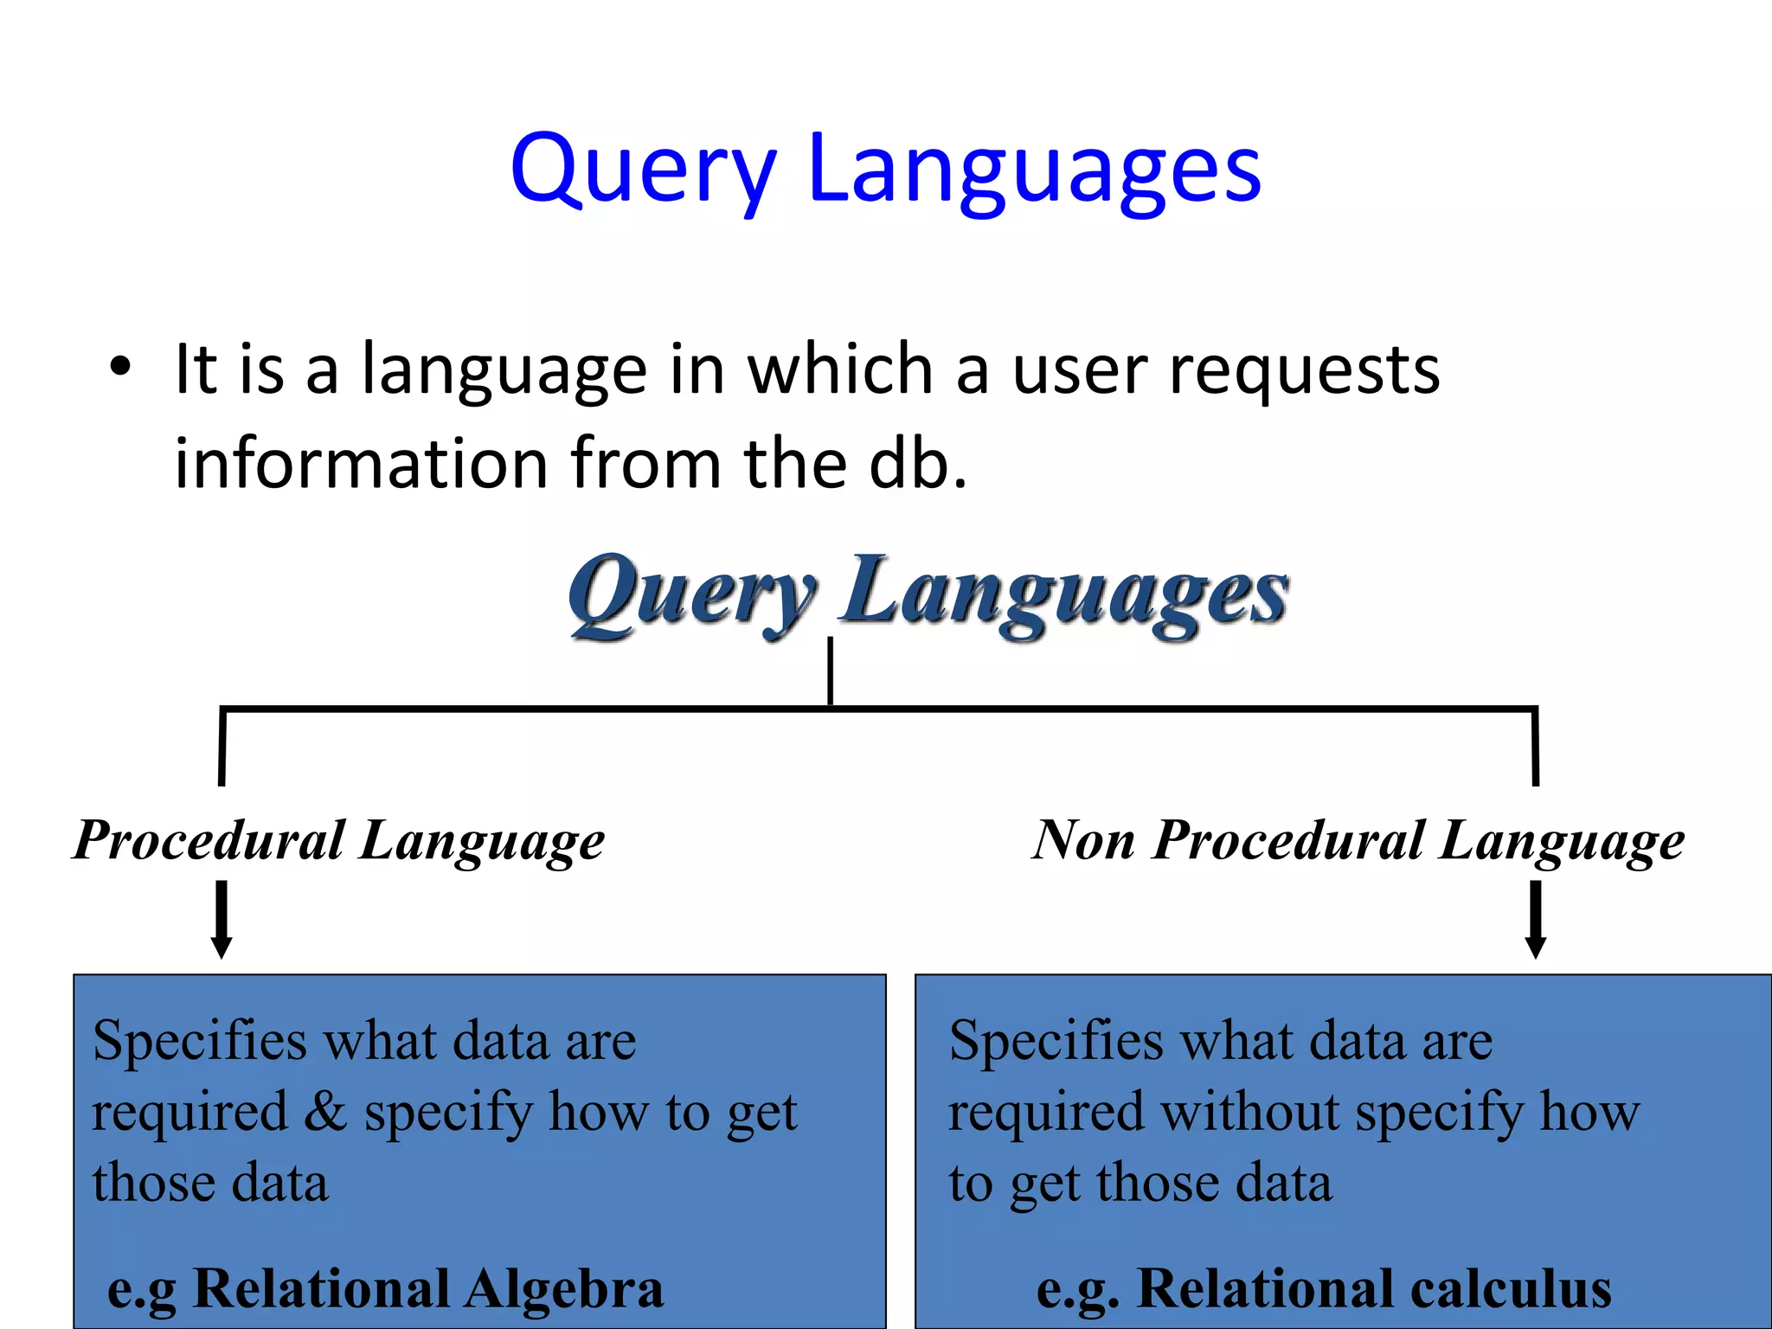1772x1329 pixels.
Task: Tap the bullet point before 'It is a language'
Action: point(120,367)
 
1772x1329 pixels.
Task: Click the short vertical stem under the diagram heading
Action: point(831,671)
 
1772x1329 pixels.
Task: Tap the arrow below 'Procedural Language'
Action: point(221,919)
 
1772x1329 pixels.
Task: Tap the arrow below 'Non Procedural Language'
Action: point(1536,919)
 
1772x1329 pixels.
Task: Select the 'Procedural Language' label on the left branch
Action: point(339,841)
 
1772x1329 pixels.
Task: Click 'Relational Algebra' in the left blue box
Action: point(428,1289)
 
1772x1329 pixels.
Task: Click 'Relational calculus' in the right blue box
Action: point(1374,1289)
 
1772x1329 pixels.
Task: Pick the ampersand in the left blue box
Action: point(325,1111)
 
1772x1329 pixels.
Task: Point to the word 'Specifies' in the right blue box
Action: point(1056,1041)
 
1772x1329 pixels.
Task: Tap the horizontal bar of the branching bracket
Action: point(1211,709)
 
